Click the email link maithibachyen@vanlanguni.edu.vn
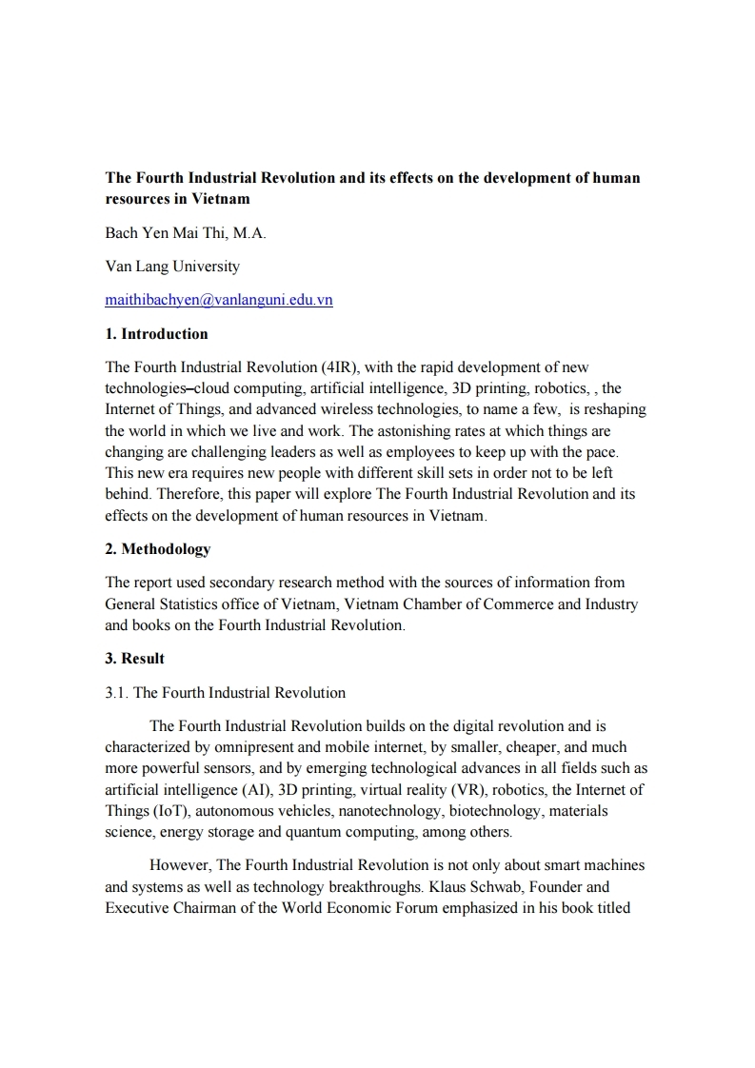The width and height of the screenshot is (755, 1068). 219,300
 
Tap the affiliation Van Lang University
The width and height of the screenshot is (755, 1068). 172,267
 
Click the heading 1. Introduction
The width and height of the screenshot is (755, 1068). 156,333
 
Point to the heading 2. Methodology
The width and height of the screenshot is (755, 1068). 158,549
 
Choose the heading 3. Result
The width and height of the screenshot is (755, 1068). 134,659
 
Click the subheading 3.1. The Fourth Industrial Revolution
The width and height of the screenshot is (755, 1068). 225,692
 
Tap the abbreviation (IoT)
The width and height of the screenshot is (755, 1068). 167,811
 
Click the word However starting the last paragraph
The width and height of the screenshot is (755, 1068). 181,865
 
